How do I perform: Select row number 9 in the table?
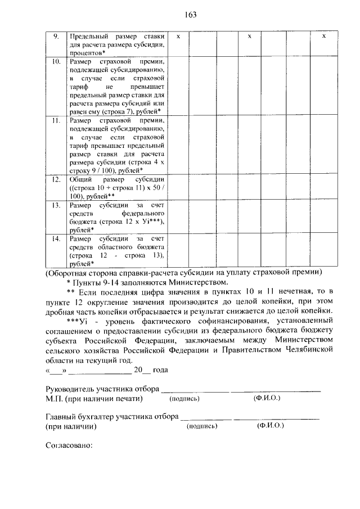pyautogui.click(x=56, y=35)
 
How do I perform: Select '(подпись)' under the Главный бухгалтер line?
pyautogui.click(x=201, y=427)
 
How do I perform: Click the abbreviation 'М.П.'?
pyautogui.click(x=54, y=399)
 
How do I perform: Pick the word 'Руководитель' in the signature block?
pyautogui.click(x=67, y=389)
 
